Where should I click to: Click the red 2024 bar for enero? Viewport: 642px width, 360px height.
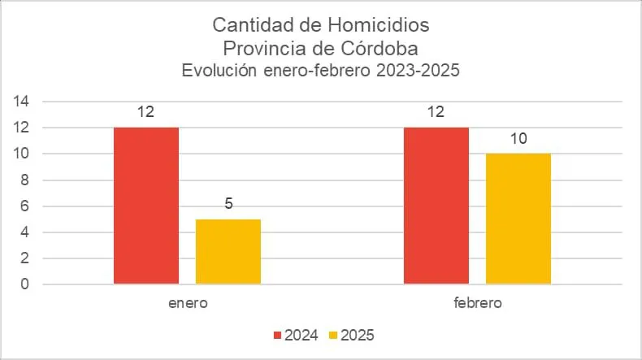click(146, 206)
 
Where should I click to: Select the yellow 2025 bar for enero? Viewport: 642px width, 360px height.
click(228, 251)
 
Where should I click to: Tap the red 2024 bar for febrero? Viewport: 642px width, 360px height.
click(436, 206)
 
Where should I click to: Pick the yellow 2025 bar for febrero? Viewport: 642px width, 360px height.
click(518, 219)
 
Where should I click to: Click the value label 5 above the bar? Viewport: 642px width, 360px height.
click(228, 204)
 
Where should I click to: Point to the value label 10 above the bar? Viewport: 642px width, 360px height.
click(518, 138)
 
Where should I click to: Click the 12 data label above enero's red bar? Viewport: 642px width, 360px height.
click(146, 112)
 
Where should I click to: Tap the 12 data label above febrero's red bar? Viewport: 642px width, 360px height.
click(436, 112)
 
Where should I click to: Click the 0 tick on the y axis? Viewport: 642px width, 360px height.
click(25, 284)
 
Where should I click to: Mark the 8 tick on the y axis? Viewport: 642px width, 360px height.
click(25, 180)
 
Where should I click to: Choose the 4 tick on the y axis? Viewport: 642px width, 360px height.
click(25, 232)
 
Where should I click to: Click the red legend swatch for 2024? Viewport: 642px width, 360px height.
click(277, 335)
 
